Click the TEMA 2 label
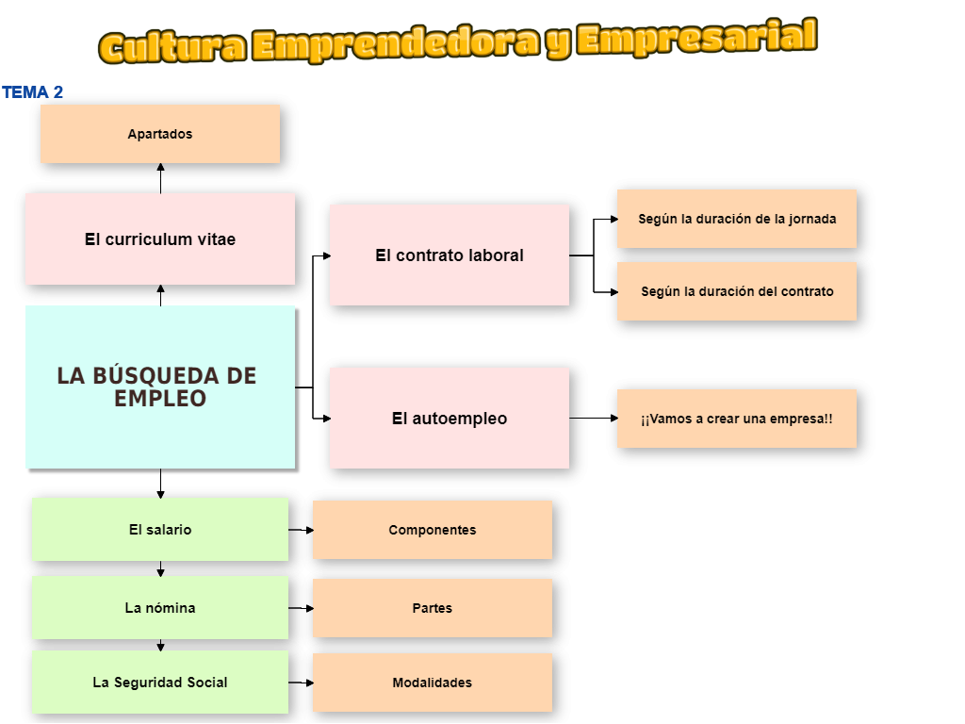tap(33, 92)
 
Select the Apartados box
tap(160, 134)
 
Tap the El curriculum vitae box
tap(160, 239)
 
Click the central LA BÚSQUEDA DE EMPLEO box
tap(160, 387)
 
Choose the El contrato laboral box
tap(449, 255)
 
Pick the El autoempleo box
tap(449, 418)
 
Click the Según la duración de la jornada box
tap(737, 219)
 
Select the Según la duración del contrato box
tap(737, 291)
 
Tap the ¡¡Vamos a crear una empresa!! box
tap(737, 419)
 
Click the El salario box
tap(160, 530)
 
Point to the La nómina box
tap(160, 608)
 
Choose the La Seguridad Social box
tap(160, 682)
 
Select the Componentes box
tap(433, 530)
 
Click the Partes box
tap(433, 608)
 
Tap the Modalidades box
tap(433, 683)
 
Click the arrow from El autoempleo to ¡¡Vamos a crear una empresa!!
tap(594, 418)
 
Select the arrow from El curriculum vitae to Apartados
tap(160, 178)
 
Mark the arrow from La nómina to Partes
tap(301, 608)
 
